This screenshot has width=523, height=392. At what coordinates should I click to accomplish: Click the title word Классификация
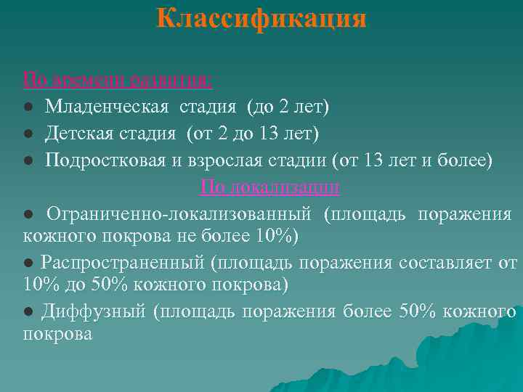tap(261, 19)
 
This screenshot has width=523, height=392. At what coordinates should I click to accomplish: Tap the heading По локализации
tap(270, 187)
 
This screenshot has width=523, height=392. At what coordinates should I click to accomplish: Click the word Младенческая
tap(108, 107)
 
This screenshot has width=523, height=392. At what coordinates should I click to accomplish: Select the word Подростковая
tap(98, 160)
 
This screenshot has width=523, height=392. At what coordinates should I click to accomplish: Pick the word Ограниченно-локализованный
tap(179, 214)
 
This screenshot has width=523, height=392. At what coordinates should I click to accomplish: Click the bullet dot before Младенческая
tap(27, 108)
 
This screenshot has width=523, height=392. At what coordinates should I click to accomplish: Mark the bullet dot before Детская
tap(27, 134)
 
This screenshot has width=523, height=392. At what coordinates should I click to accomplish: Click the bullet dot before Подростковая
tap(27, 160)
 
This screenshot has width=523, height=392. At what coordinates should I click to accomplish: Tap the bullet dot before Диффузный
tap(28, 311)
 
